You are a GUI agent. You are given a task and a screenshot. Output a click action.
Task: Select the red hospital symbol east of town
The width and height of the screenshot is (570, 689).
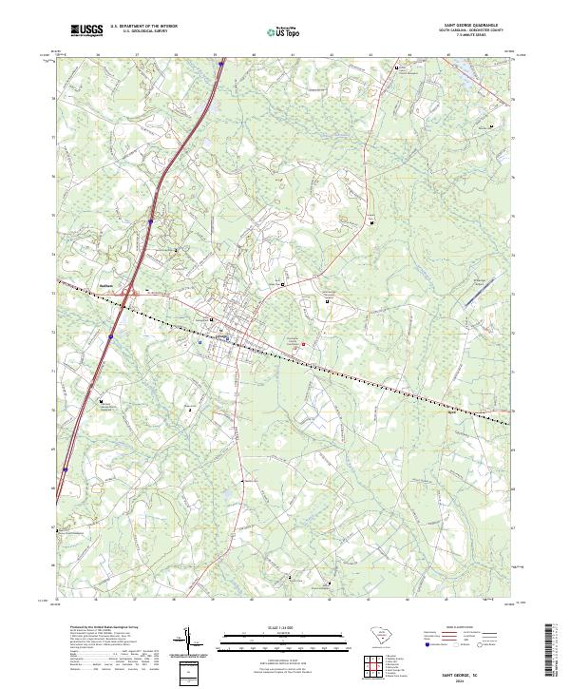[303, 344]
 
